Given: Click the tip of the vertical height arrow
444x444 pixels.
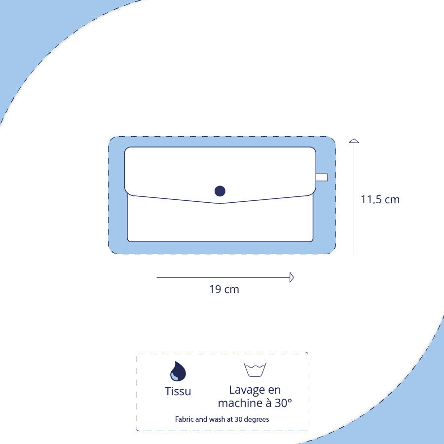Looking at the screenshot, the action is point(354,139).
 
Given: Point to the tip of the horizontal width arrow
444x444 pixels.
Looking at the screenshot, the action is point(294,277).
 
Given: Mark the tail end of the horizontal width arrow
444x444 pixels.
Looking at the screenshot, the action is point(157,277).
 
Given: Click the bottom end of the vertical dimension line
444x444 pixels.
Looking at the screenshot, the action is point(354,254).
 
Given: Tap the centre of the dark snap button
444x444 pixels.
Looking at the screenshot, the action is point(220,191).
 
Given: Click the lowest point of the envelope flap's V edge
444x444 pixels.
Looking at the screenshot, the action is point(221,203).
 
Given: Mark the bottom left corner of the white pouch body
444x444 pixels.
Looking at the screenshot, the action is point(128,241).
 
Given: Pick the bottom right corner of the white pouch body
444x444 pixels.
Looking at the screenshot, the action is point(313,241).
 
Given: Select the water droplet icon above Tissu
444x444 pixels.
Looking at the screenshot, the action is point(178,371).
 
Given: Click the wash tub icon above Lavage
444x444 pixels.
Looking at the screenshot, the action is point(255,370).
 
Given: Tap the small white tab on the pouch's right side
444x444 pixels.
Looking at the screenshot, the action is point(322,177).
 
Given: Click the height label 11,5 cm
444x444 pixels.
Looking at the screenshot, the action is point(380,200).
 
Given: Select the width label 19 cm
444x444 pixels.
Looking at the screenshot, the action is point(224,290).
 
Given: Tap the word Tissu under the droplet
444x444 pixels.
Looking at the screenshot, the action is point(178,391).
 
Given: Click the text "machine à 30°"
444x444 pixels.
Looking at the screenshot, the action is point(255,403).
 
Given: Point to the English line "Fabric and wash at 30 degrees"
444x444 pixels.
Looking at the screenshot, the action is point(222,419).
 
